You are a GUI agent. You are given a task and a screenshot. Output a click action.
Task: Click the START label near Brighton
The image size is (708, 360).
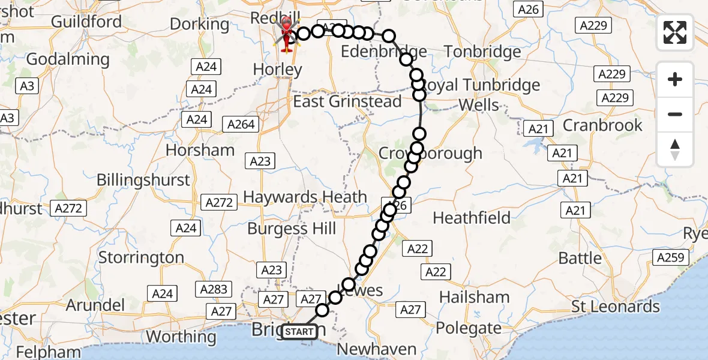[299, 331]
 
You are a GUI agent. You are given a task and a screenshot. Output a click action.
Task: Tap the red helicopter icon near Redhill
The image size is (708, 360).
[286, 32]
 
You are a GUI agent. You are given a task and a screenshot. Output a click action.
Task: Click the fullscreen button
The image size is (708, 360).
[675, 32]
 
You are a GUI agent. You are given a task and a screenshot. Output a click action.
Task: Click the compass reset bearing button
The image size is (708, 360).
[675, 149]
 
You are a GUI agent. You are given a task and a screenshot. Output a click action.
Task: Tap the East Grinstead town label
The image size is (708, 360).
[347, 101]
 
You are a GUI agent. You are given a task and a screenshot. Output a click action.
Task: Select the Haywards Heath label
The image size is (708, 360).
[305, 197]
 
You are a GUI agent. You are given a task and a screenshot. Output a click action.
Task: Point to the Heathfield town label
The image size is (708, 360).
[472, 218]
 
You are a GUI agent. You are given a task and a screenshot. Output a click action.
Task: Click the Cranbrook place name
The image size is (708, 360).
[602, 125]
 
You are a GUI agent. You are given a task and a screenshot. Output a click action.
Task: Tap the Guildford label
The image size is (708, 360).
[86, 22]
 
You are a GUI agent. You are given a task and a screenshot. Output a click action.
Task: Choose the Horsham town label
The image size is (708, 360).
[200, 150]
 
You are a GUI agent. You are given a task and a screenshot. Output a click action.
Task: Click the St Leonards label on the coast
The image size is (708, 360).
[615, 307]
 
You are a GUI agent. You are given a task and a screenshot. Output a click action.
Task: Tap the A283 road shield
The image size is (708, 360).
[214, 289]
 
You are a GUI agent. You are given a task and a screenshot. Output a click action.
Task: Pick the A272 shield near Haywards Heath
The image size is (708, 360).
[219, 202]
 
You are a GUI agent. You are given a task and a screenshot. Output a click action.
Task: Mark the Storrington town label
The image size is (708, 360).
[141, 258]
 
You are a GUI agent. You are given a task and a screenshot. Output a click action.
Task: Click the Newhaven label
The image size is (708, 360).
[377, 349]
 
